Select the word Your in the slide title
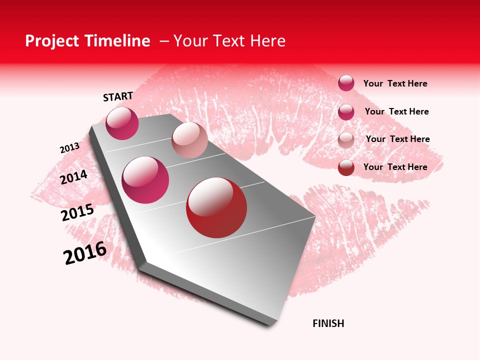click(x=190, y=41)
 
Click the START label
click(x=118, y=96)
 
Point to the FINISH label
click(x=328, y=323)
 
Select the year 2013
click(x=69, y=148)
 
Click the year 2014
click(x=73, y=177)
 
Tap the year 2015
click(x=77, y=212)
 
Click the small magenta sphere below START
click(x=122, y=123)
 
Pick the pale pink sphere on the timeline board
click(x=189, y=140)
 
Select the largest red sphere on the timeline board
click(x=216, y=207)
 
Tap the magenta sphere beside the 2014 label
click(x=145, y=180)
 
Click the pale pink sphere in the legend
click(x=346, y=140)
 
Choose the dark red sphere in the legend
click(x=346, y=167)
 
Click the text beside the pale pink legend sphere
click(x=397, y=139)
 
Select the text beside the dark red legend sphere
click(x=395, y=167)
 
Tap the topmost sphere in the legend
click(x=346, y=83)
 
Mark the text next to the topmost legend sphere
click(x=395, y=83)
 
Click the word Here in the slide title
click(x=267, y=41)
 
